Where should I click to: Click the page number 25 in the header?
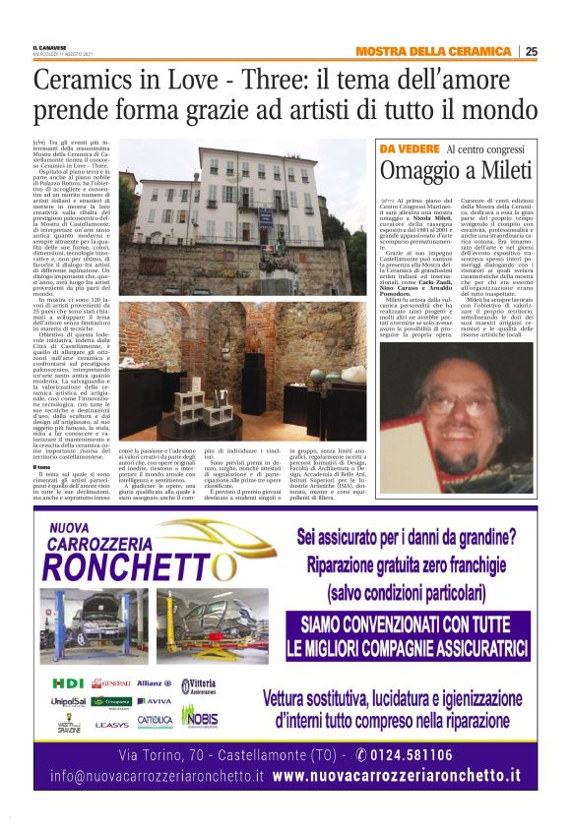pos(532,51)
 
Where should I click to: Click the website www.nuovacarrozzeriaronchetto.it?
pos(397,776)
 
